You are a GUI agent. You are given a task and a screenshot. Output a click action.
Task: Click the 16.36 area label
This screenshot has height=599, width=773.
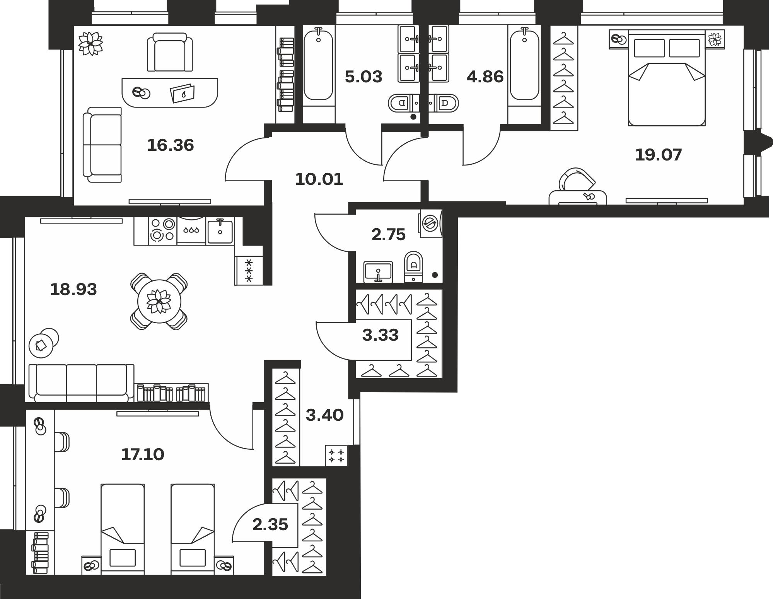pos(171,145)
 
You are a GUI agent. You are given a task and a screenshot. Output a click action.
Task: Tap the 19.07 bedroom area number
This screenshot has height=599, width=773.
pos(658,155)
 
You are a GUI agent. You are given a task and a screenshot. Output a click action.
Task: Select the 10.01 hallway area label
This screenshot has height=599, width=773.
pos(319,179)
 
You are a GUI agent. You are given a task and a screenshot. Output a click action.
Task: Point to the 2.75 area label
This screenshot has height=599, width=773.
pos(388,235)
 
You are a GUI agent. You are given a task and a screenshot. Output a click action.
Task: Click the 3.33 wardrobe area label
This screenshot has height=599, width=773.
pos(380,335)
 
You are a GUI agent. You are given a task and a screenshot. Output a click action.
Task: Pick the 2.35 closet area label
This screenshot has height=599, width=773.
pos(270,525)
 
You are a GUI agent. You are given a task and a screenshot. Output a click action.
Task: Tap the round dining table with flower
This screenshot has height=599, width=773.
pos(159,302)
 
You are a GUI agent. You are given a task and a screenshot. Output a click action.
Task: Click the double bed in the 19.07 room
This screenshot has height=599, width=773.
pos(667,78)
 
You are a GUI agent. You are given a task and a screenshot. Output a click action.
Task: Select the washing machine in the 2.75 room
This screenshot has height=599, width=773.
pos(430,222)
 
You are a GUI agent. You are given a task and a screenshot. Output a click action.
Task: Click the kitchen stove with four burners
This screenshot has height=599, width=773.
pos(162,230)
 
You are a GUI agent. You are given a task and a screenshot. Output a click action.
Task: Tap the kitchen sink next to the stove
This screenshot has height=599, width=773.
pos(220,231)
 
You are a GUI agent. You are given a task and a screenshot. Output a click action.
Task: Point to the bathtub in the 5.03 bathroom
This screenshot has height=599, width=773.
pos(318,66)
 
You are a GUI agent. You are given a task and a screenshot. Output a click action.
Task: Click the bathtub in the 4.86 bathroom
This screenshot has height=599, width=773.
pos(524,66)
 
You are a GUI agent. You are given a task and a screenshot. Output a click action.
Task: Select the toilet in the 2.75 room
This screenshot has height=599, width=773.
pos(413,266)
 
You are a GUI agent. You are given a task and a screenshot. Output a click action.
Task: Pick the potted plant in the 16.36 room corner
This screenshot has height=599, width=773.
pos(90,43)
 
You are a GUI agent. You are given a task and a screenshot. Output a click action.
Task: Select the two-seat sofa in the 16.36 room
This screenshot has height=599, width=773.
pos(102,145)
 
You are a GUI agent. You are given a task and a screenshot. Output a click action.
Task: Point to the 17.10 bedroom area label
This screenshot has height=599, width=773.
pos(143,454)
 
